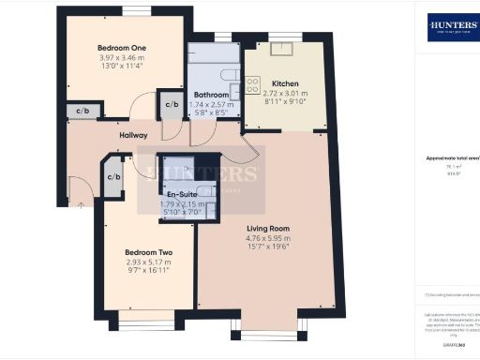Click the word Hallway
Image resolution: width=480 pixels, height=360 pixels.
(x=133, y=135)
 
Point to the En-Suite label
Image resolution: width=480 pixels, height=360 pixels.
(x=184, y=194)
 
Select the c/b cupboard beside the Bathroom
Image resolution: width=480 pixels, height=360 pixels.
(x=171, y=105)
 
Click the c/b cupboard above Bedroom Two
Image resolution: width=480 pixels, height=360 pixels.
(x=114, y=178)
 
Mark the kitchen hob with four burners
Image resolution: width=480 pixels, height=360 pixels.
(x=251, y=86)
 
